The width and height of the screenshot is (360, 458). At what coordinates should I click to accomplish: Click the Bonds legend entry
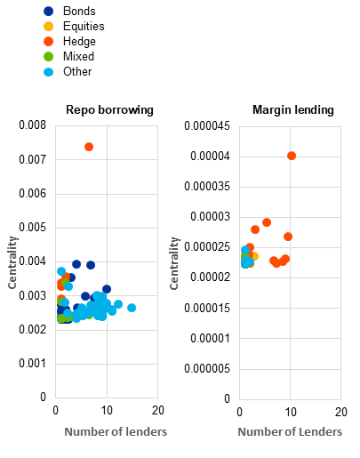69,12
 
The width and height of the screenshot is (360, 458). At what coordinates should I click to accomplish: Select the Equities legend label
84,27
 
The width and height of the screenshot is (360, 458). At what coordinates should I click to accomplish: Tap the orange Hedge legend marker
48,42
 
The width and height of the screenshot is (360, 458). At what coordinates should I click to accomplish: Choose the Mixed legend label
78,56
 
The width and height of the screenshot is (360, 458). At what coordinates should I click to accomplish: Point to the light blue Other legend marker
48,72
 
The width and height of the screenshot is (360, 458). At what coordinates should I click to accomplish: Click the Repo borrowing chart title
109,110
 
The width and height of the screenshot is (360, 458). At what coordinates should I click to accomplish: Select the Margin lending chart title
293,110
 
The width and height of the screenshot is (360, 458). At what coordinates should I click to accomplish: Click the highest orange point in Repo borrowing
89,147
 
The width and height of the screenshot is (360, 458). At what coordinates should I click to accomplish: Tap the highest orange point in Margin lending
292,156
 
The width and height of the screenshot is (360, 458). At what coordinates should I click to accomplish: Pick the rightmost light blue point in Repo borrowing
132,308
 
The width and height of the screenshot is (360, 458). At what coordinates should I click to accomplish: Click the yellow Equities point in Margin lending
254,256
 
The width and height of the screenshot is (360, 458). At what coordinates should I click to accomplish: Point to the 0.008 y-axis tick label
33,125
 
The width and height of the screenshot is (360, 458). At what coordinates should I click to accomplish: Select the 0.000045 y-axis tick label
207,126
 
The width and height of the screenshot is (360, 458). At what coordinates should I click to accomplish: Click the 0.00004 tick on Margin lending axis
210,156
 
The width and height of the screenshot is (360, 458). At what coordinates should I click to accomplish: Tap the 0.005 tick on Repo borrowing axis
33,228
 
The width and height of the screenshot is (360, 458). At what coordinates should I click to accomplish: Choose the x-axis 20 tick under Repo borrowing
158,410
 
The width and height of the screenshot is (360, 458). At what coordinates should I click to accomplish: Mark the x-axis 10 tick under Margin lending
291,412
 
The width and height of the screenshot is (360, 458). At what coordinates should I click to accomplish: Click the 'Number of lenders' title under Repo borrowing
116,432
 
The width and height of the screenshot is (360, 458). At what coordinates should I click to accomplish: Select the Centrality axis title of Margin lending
174,263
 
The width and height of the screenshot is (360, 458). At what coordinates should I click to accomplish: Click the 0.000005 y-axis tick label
207,369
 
